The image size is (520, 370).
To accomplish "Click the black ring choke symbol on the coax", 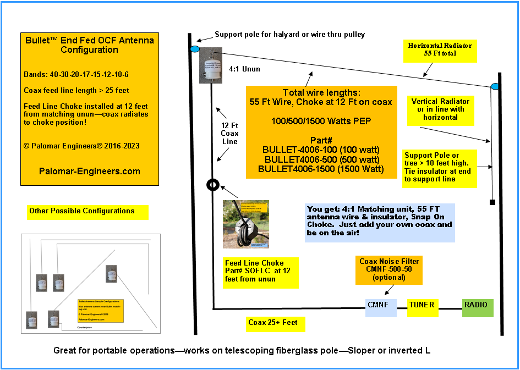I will pos(213,185).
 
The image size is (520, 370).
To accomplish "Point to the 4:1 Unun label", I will pos(244,70).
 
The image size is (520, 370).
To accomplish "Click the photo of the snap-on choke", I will pos(246,224).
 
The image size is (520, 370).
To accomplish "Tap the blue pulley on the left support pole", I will pos(195,49).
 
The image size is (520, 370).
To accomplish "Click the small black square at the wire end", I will pos(492,203).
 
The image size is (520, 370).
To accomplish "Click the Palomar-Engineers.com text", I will pos(90,171).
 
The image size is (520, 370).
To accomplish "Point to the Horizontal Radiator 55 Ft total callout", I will pos(440,49).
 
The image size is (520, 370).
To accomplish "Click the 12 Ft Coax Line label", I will pos(229,133).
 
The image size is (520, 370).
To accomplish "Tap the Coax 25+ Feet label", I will pos(273,323).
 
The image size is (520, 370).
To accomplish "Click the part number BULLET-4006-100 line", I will pos(321,150).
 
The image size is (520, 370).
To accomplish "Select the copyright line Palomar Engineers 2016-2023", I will pos(82,146).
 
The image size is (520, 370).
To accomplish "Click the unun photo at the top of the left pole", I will pos(211,65).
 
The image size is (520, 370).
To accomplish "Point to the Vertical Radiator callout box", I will pos(440,109).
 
